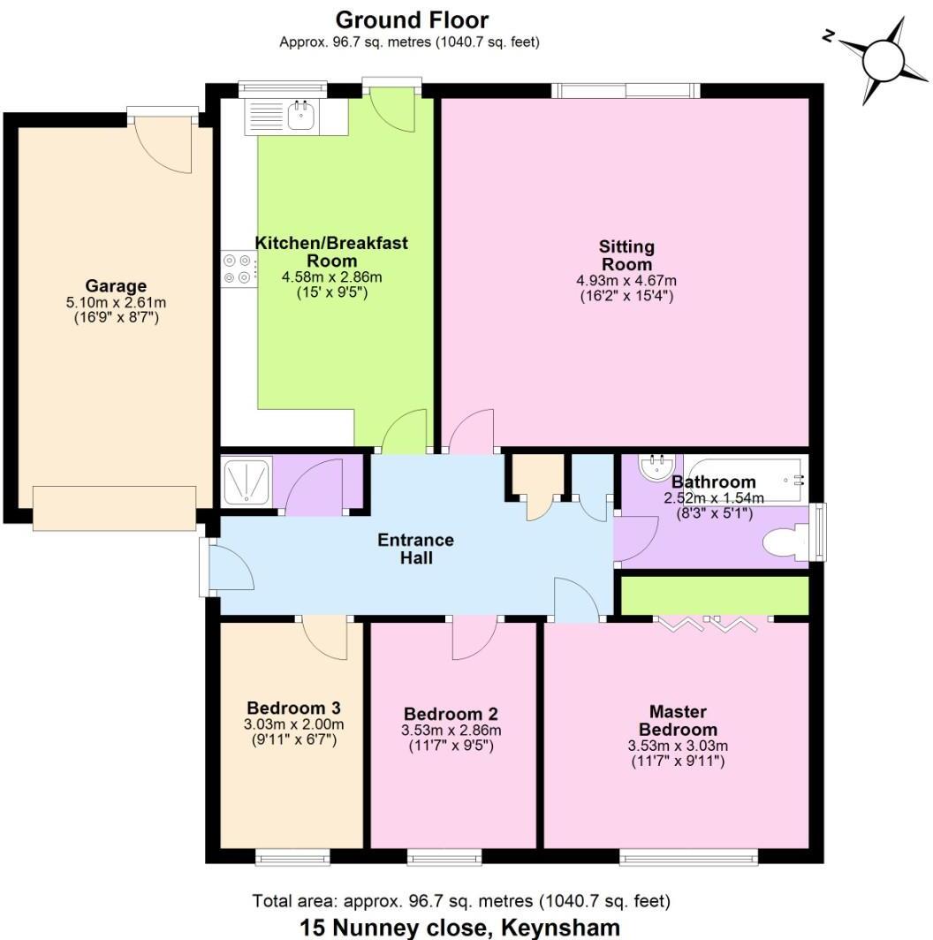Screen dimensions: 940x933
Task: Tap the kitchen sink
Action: click(x=301, y=116)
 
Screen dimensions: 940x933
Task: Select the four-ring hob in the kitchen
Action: click(x=238, y=269)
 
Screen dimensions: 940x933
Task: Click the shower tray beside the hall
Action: click(x=247, y=482)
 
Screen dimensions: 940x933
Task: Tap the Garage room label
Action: click(x=116, y=285)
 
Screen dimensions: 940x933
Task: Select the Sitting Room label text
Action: click(x=626, y=255)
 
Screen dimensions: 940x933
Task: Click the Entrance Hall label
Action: click(x=415, y=548)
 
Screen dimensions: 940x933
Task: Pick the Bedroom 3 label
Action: click(x=293, y=708)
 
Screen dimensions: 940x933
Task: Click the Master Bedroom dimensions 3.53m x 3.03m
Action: click(x=678, y=746)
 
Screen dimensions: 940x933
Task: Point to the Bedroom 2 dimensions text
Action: click(x=451, y=731)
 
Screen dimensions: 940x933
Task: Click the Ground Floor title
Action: click(x=411, y=19)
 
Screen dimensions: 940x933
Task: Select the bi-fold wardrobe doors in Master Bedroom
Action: click(x=708, y=624)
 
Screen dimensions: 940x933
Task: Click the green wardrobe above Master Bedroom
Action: click(x=715, y=595)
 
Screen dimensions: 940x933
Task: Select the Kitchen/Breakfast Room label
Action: click(x=331, y=251)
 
